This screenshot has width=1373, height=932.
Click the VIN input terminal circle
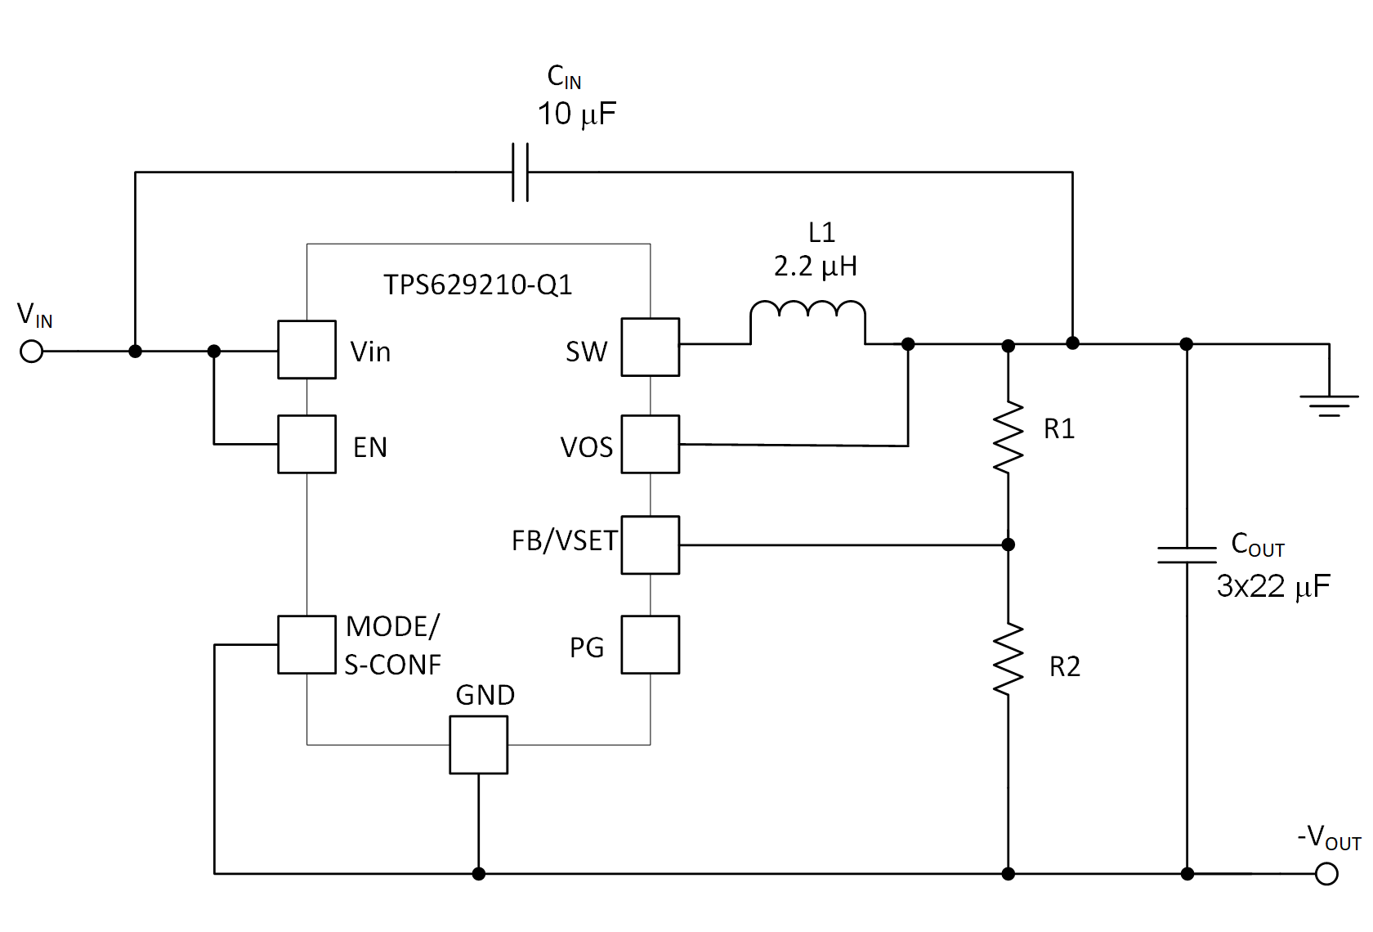pos(31,352)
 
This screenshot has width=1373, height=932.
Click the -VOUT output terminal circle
pos(1326,874)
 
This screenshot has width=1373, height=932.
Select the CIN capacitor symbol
pos(520,172)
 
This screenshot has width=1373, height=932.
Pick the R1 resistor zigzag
pos(1008,437)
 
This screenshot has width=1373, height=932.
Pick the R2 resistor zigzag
pos(1008,659)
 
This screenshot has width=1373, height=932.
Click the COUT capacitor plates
pos(1187,555)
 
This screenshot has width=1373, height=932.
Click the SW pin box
pos(650,347)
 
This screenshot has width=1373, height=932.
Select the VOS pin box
pos(650,444)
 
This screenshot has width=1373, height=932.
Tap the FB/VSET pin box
pos(650,544)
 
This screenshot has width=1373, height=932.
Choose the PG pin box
pos(650,644)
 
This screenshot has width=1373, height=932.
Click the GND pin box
pos(478,745)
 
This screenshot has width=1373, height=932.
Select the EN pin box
pos(306,444)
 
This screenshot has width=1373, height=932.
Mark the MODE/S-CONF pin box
pos(306,644)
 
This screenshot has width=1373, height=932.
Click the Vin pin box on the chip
pos(306,349)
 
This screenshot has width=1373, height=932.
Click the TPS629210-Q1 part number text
pos(477,285)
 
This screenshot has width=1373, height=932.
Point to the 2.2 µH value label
pos(815,267)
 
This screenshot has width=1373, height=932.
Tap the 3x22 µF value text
pos(1272,586)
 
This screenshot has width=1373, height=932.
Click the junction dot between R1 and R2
pos(1008,544)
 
